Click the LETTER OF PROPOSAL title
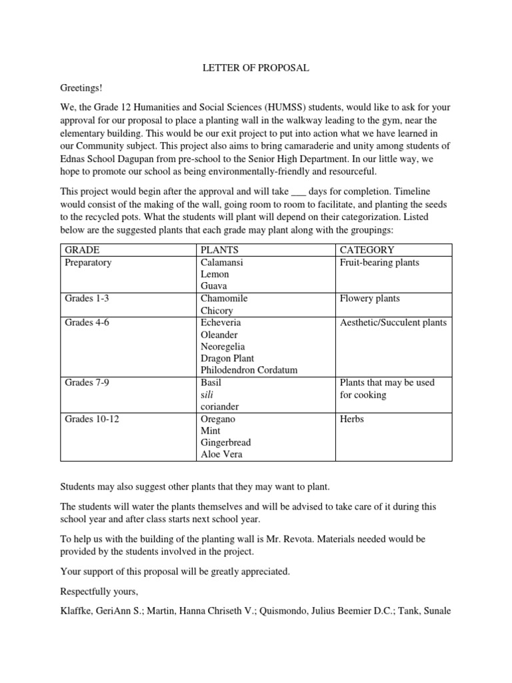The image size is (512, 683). click(x=256, y=68)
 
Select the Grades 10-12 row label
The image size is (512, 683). click(x=93, y=419)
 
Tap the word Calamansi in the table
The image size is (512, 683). click(x=222, y=262)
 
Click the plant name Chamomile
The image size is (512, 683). click(x=224, y=298)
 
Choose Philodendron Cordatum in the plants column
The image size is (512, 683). click(x=249, y=370)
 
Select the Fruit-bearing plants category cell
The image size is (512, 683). click(x=379, y=262)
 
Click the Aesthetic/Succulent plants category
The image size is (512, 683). click(x=393, y=323)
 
